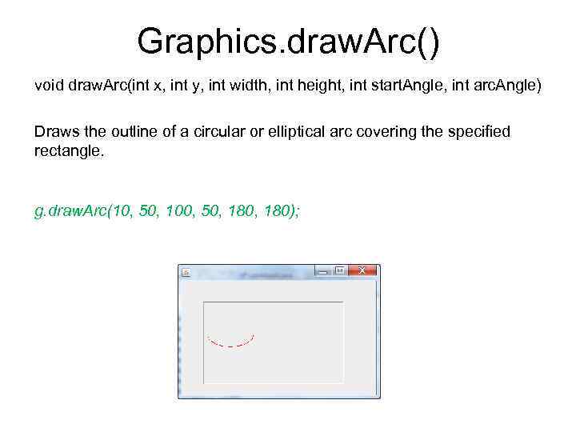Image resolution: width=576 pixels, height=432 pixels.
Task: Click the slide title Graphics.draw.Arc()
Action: [x=288, y=41]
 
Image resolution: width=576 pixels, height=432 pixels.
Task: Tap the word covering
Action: [x=372, y=130]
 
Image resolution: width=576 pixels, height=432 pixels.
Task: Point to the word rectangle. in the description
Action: [x=70, y=150]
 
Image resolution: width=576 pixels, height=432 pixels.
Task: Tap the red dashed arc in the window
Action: [x=230, y=345]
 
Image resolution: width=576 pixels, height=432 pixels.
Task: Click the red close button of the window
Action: [x=362, y=270]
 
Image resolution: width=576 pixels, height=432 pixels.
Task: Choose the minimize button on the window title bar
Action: [x=322, y=271]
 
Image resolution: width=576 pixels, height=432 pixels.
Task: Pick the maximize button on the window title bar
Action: [x=339, y=270]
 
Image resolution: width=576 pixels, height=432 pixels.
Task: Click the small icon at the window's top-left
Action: [x=186, y=272]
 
